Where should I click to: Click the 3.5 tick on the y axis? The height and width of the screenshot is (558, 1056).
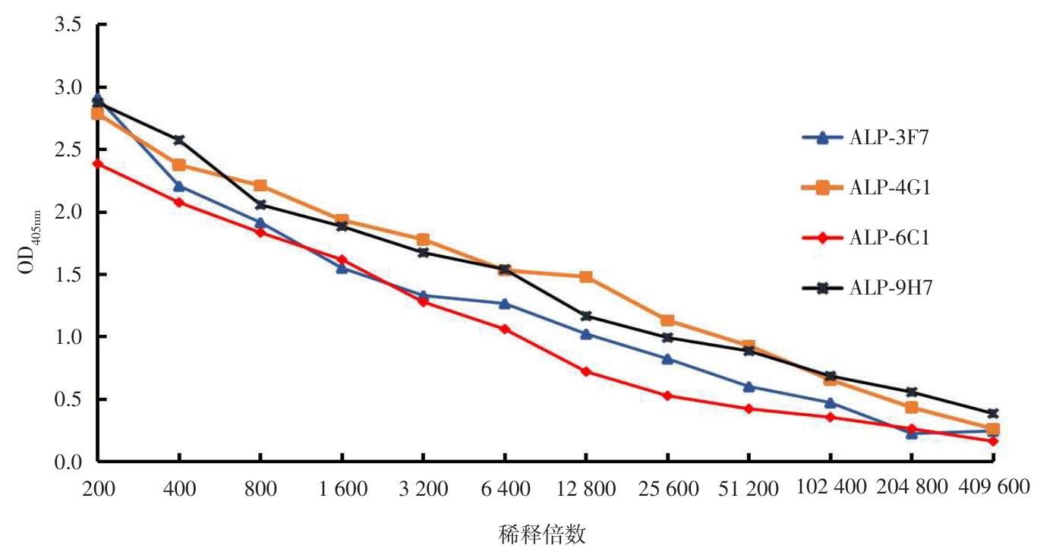point(67,25)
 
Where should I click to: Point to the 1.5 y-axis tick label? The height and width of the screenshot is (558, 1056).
point(67,275)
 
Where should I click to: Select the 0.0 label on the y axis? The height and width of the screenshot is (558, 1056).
point(67,462)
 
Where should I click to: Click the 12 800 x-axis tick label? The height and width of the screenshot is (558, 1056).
point(586,489)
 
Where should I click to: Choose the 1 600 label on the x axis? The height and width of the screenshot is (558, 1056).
point(342,489)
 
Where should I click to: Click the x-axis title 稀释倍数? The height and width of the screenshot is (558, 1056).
point(542,534)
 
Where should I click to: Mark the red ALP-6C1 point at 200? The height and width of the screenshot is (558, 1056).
point(97,163)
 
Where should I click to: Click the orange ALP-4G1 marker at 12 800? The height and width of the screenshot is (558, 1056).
point(586,276)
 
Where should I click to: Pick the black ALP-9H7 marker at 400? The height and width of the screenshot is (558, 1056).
point(179,140)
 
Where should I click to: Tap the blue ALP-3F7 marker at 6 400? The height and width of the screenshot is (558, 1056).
point(504,304)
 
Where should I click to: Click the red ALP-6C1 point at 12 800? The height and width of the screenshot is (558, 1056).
point(586,371)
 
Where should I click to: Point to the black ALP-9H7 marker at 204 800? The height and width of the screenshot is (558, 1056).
point(912,392)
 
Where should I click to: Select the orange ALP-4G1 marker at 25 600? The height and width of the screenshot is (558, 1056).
point(667,320)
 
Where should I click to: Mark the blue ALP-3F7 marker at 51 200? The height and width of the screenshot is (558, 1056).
point(749,386)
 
